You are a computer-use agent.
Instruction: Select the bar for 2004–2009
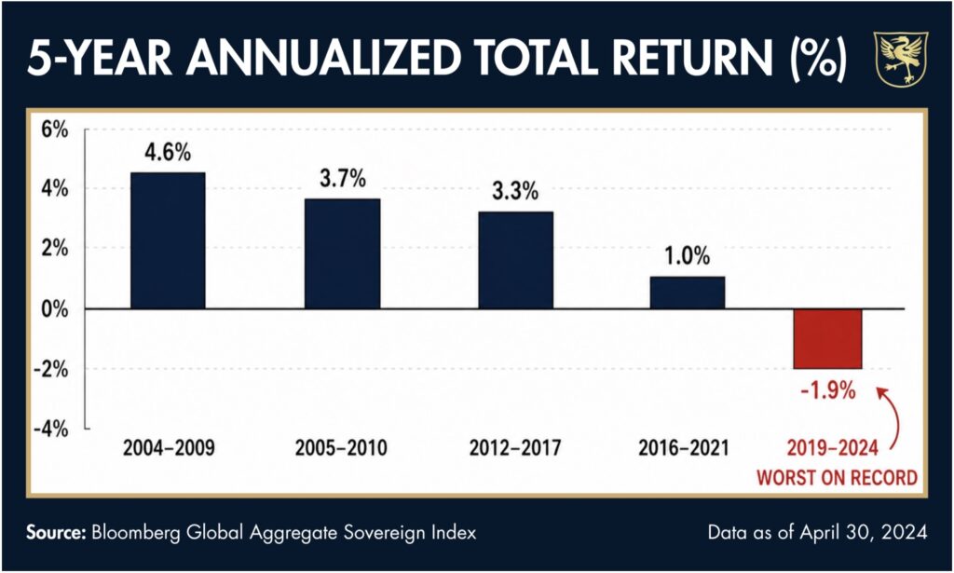168,241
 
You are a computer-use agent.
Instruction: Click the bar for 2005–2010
343,253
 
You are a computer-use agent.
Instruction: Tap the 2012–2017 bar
516,260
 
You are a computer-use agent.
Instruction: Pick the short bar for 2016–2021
688,293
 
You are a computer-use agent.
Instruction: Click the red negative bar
827,339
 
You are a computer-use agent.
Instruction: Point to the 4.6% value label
168,152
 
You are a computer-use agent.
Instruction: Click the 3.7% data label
343,178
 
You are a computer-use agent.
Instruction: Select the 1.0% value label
688,256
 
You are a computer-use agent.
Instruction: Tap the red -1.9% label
828,389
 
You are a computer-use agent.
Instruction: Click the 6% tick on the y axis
55,130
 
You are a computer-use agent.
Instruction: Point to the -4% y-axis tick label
50,429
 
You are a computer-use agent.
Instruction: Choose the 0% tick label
55,309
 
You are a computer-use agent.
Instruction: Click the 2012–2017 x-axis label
515,448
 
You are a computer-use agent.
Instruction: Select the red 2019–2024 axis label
833,448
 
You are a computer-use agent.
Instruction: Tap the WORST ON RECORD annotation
838,477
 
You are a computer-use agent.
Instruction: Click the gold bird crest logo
901,59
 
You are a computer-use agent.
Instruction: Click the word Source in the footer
56,533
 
